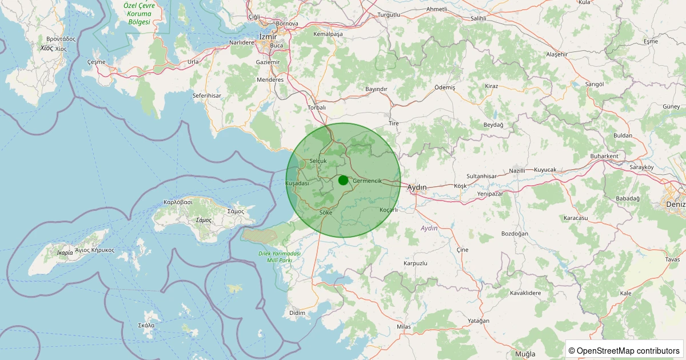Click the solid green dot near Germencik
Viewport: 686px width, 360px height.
click(343, 180)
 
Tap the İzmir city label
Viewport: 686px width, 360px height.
click(268, 37)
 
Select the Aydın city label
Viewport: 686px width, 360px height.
click(417, 187)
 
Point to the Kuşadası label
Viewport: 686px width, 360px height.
click(297, 183)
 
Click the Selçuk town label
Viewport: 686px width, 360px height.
click(317, 161)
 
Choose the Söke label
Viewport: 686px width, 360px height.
click(326, 213)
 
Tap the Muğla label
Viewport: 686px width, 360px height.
click(525, 354)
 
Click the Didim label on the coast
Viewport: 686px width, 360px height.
click(297, 313)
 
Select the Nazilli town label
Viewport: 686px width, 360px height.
click(517, 171)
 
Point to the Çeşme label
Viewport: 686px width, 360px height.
click(96, 62)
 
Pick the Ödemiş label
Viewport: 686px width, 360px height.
click(445, 87)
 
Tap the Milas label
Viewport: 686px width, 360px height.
click(404, 327)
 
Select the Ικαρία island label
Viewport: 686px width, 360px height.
click(65, 252)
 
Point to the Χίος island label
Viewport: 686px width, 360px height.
click(47, 49)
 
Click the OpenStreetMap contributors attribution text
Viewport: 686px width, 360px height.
click(624, 350)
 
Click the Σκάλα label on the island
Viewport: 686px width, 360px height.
click(146, 325)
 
